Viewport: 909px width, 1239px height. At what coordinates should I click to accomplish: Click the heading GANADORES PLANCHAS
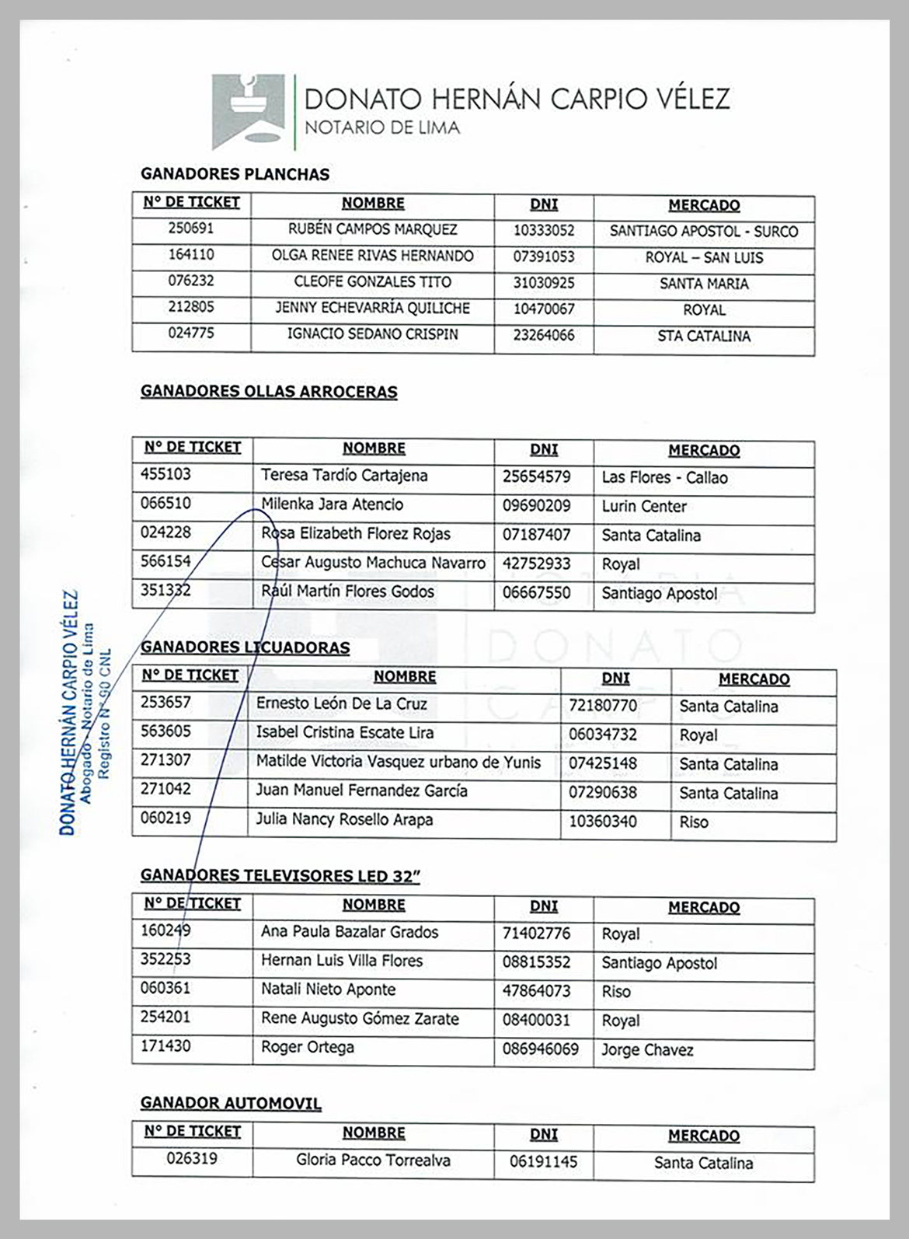click(x=235, y=174)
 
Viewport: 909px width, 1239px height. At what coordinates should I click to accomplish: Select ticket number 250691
click(x=190, y=229)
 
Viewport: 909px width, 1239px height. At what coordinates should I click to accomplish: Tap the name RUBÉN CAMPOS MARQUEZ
click(x=372, y=230)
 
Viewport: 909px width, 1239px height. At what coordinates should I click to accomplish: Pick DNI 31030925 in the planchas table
click(x=544, y=283)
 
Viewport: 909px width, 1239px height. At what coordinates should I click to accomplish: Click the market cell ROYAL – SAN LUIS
click(x=704, y=257)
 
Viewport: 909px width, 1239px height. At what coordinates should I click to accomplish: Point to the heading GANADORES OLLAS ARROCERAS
click(x=269, y=391)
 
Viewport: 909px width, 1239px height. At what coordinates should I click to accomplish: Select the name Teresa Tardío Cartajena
click(x=344, y=476)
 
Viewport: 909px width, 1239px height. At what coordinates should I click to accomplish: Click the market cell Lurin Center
click(x=644, y=507)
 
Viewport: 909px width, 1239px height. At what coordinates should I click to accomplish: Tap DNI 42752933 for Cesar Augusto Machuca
click(x=536, y=564)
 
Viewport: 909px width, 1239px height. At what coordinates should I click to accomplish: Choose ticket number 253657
click(x=165, y=703)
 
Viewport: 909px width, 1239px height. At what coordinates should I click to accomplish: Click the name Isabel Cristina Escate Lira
click(x=345, y=732)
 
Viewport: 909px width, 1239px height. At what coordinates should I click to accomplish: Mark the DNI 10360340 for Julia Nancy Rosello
click(x=603, y=822)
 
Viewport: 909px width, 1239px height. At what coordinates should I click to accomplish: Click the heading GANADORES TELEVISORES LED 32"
click(x=280, y=876)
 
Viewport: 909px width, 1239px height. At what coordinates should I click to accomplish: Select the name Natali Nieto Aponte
click(x=328, y=990)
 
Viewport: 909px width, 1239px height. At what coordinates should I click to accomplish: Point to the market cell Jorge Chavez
click(x=647, y=1050)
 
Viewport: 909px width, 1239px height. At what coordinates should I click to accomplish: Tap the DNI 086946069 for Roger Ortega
click(x=540, y=1049)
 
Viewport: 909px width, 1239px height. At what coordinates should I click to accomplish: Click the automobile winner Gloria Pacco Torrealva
click(x=373, y=1160)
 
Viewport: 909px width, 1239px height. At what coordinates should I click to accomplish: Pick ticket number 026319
click(x=192, y=1159)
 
